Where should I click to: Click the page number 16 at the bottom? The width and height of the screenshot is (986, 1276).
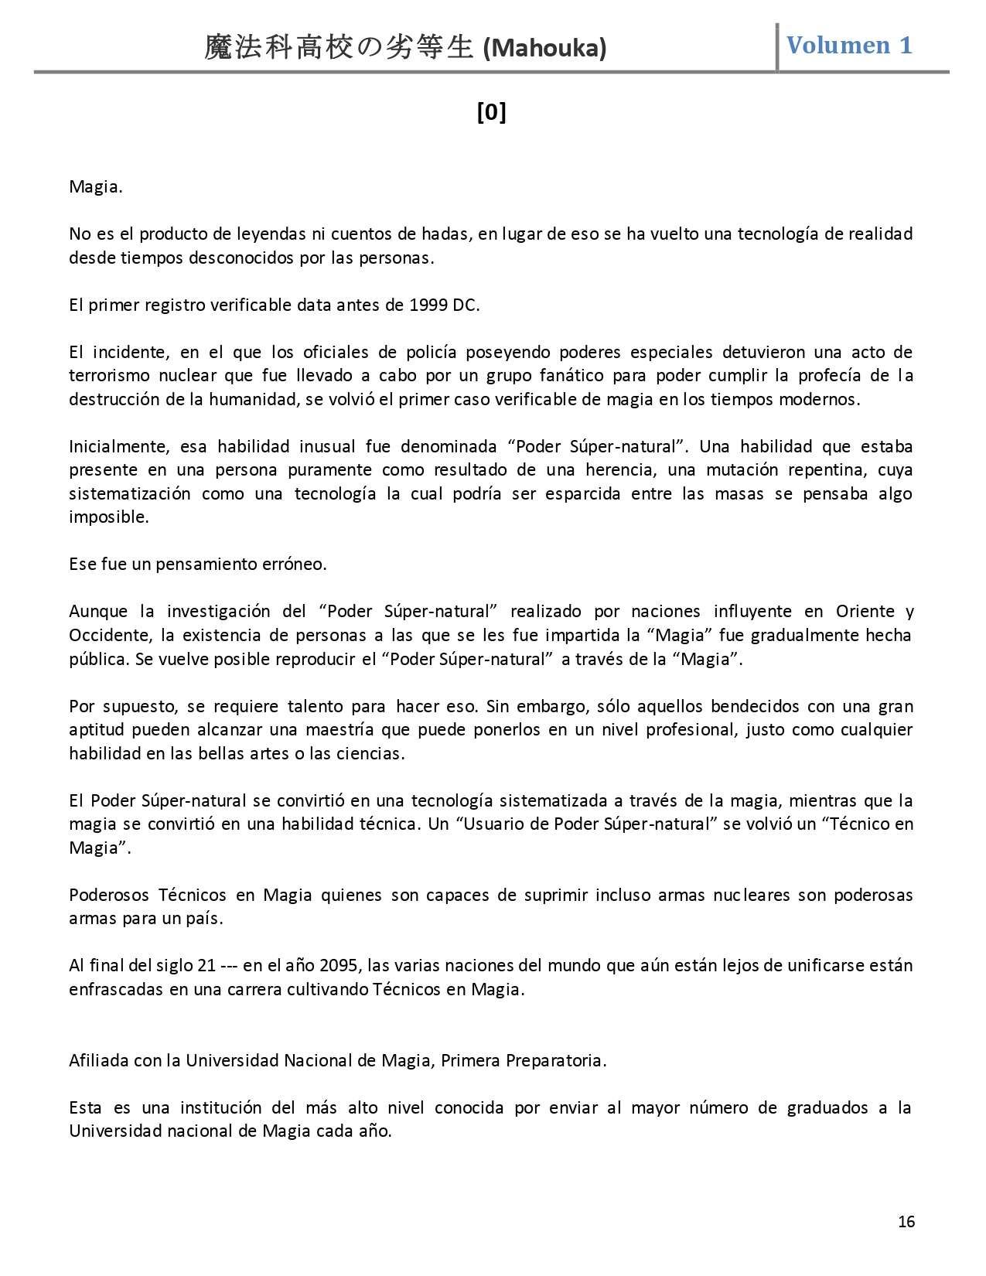click(x=906, y=1221)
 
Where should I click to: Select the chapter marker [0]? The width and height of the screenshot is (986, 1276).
click(x=492, y=113)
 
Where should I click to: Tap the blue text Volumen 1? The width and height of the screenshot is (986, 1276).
click(x=849, y=45)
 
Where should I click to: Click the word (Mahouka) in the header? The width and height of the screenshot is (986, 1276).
click(x=544, y=49)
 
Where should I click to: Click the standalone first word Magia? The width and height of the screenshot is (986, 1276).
click(x=96, y=186)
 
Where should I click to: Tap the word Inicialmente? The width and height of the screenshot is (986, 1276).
click(x=119, y=446)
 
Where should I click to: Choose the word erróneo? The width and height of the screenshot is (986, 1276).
click(x=297, y=564)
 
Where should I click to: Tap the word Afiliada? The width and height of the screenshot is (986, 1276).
click(x=98, y=1060)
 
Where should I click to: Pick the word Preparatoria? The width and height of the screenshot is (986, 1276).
click(x=555, y=1060)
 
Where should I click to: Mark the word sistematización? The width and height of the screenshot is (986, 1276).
click(x=130, y=493)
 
